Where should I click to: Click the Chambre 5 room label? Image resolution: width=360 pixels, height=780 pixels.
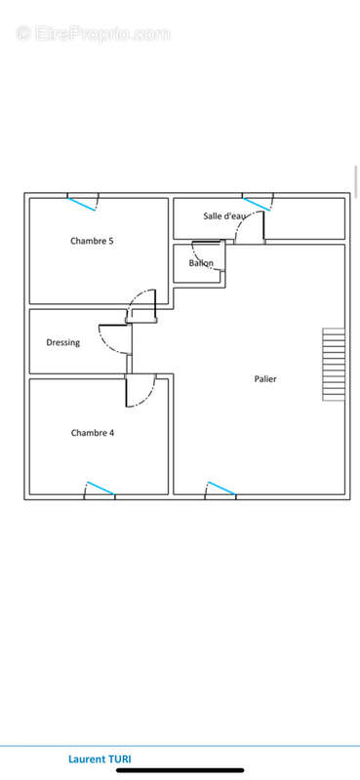[92, 241]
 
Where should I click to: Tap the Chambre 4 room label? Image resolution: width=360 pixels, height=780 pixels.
[93, 433]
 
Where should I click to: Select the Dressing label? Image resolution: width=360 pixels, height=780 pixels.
[62, 343]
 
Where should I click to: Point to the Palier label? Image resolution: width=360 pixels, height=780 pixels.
[265, 379]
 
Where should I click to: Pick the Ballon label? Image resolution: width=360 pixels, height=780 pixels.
[201, 263]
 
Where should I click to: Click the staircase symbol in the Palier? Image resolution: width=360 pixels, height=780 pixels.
[334, 364]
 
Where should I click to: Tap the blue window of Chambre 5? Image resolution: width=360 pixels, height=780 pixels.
[82, 204]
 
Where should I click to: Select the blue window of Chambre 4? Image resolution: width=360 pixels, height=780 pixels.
[100, 488]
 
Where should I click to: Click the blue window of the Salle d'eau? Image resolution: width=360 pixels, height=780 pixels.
[257, 204]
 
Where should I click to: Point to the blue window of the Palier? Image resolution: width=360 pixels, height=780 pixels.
[221, 488]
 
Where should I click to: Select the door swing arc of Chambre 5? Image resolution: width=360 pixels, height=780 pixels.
[136, 297]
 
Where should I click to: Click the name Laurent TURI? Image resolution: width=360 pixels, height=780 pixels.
[100, 760]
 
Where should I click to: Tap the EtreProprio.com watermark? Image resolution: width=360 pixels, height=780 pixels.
[94, 34]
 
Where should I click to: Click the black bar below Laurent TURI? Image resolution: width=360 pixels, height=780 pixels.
[180, 770]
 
